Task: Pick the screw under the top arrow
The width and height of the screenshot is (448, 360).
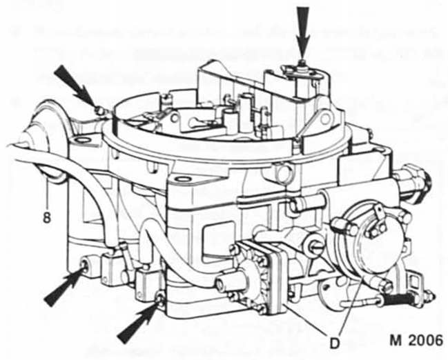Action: point(303,63)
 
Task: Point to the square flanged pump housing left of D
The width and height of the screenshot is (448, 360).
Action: point(260,276)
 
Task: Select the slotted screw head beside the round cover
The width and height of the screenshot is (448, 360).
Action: point(338,226)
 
